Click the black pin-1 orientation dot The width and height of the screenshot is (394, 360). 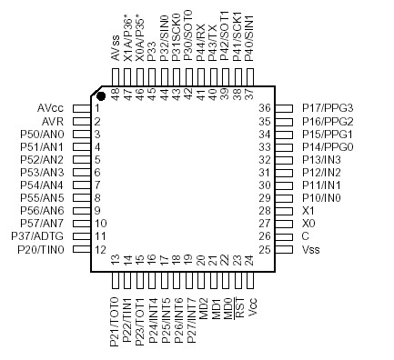coord(102,95)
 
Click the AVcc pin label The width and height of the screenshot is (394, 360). coord(50,108)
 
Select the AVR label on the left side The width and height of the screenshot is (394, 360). coord(52,121)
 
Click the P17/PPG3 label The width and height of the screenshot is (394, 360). coord(328,108)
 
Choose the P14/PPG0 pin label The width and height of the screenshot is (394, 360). coord(328,146)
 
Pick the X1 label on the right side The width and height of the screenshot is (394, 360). coord(308,210)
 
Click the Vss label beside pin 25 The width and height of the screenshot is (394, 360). coord(311,249)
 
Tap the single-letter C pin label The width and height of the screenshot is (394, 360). coord(306,235)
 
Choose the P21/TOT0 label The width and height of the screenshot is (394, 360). coord(114,322)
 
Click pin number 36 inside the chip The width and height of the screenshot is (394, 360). coord(266,108)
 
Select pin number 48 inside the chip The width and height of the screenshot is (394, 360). coord(116,92)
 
